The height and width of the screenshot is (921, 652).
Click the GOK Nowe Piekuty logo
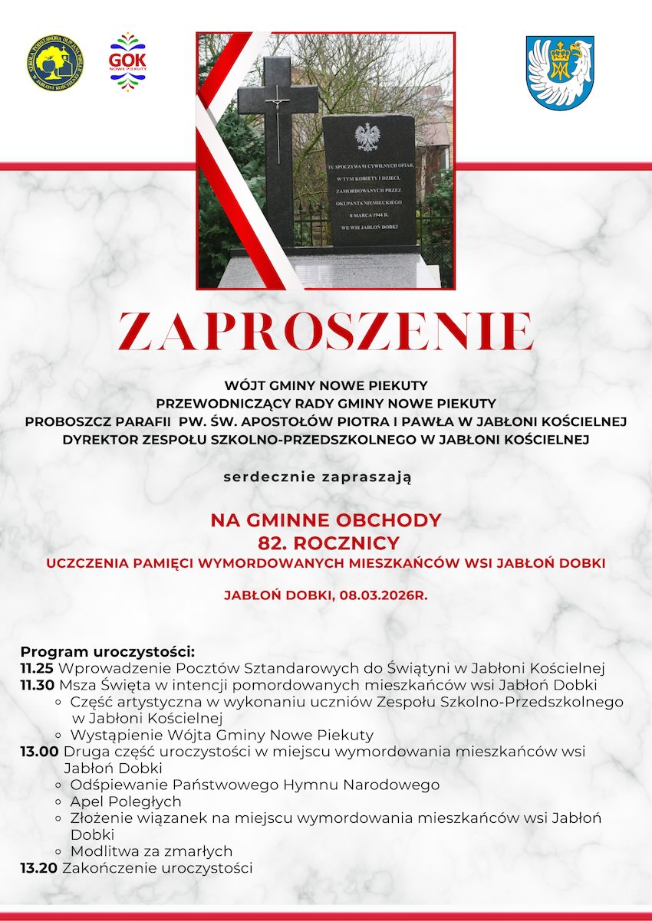coord(127,61)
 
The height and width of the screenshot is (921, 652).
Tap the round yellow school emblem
coord(54,62)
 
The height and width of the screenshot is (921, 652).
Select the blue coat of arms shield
coord(559,72)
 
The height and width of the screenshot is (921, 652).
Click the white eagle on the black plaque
coord(367,137)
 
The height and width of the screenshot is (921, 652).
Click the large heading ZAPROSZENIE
coord(325,332)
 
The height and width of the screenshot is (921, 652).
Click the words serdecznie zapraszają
coord(318,477)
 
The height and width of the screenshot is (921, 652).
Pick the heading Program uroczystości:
coord(108,652)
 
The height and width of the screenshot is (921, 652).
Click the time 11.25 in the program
coord(37,668)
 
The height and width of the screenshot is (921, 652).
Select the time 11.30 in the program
coord(38,685)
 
